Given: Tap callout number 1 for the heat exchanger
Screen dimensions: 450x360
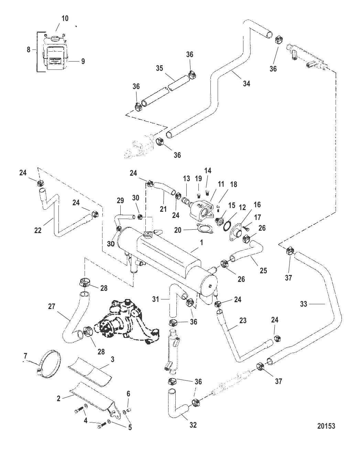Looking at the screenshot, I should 201,242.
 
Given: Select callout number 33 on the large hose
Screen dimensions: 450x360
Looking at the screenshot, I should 304,304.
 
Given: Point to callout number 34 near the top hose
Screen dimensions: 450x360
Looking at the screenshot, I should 246,83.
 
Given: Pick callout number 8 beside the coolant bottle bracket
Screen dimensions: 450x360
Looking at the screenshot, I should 29,50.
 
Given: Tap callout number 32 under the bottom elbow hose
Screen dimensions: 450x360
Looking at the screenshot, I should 193,425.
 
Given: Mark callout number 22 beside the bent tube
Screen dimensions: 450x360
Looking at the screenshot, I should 38,230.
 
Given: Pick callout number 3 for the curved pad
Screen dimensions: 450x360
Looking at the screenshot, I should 112,360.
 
